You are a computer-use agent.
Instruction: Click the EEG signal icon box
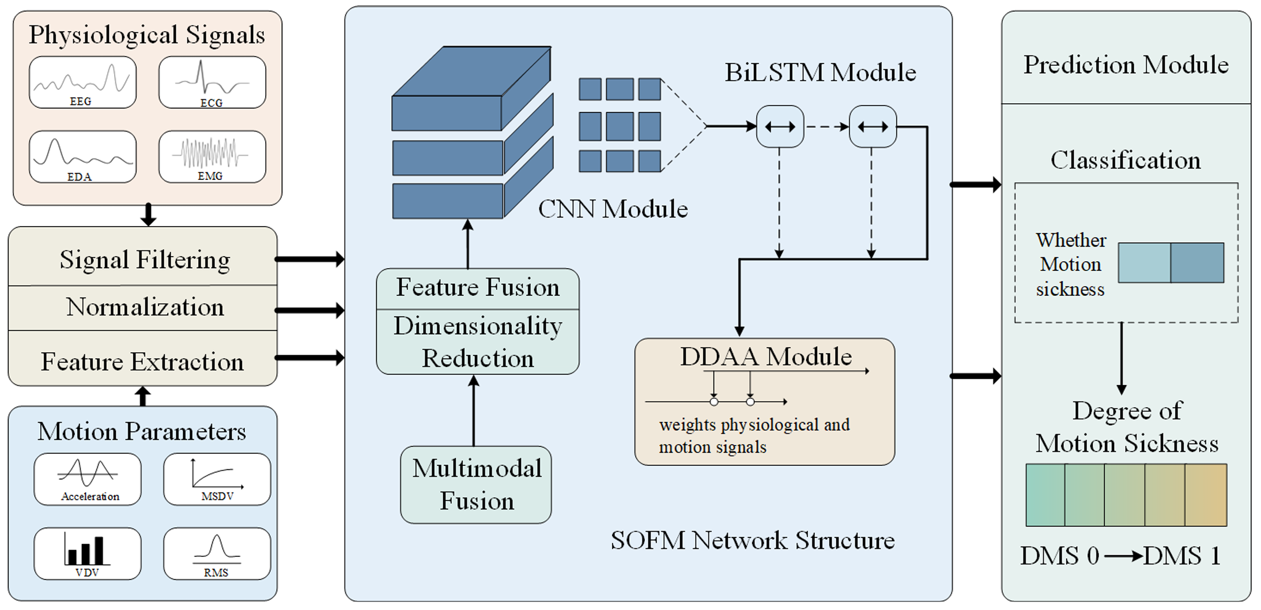click(x=82, y=82)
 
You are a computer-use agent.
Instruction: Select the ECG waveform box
click(x=212, y=82)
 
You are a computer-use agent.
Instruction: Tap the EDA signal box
click(x=82, y=157)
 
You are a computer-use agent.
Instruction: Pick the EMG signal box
click(x=212, y=157)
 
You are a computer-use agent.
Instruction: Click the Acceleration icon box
click(x=88, y=479)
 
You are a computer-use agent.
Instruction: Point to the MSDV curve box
click(x=217, y=479)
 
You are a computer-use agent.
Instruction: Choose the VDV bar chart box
click(x=88, y=553)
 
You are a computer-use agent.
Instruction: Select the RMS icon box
click(x=217, y=553)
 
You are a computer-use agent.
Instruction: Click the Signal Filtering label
click(x=145, y=259)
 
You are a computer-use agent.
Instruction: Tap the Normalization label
click(x=145, y=307)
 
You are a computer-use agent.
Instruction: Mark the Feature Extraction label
click(x=142, y=362)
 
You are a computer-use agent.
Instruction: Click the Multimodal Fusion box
click(x=476, y=484)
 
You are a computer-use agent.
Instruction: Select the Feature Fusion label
click(x=478, y=287)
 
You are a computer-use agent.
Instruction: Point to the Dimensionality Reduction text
click(x=478, y=342)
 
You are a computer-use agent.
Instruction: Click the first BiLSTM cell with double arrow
click(x=780, y=127)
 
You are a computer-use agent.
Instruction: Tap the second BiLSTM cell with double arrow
click(x=873, y=127)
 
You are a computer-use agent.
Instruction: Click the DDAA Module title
click(x=766, y=356)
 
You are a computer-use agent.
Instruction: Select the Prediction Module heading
click(x=1126, y=65)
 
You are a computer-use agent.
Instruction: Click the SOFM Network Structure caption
click(x=753, y=540)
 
